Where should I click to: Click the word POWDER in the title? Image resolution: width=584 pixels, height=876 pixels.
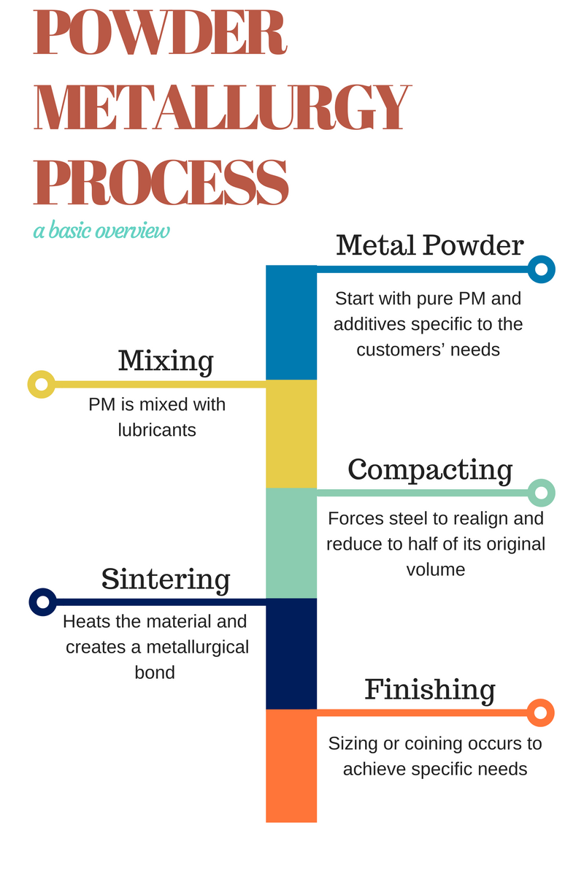pos(160,34)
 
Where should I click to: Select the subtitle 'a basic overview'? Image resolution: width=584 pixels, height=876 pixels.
pos(101,231)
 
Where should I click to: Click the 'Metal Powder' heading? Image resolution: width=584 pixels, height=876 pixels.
pos(430,245)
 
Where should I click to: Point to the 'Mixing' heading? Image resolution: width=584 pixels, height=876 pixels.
pos(166,361)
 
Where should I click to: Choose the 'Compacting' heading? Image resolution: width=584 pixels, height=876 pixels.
pos(430,469)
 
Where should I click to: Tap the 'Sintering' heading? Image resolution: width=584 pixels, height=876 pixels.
pos(166,579)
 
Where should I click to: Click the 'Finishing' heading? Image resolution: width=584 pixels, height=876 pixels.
pos(430,689)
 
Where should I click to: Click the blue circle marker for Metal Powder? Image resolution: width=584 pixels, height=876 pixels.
pos(541,269)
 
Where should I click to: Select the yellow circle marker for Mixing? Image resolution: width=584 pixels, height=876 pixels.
pos(41,384)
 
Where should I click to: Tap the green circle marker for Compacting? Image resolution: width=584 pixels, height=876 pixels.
pos(541,493)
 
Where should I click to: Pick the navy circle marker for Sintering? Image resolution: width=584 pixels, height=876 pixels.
pos(42,602)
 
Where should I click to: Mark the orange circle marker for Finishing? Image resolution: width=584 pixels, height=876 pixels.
pos(541,712)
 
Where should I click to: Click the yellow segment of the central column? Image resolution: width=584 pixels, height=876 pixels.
pos(291,434)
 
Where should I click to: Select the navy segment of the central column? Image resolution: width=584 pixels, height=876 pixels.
pos(291,653)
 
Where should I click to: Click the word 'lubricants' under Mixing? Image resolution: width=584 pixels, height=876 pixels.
pos(157,430)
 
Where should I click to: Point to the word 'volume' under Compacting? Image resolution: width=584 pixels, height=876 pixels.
pos(436,569)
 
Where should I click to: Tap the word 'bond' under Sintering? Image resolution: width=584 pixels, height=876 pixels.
pos(155,672)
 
